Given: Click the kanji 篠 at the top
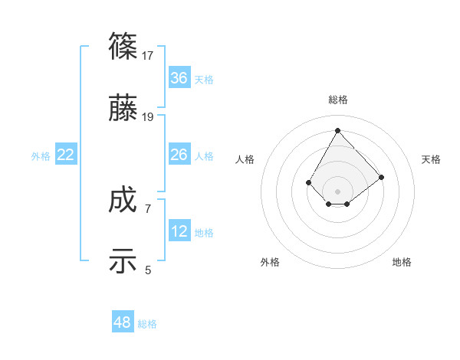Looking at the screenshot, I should coord(123,47).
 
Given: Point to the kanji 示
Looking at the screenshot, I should coord(123,261).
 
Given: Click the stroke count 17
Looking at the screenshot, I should coord(148,56).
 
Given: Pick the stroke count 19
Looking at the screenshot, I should coord(148,117).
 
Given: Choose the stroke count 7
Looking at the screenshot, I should coord(148,208).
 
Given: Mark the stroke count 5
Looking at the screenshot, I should coord(148,270).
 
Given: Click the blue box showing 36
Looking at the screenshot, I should coord(179,78).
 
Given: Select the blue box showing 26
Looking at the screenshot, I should coord(179,155).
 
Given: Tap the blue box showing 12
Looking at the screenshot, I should coord(179,231).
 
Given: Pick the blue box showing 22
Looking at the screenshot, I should coord(66,155).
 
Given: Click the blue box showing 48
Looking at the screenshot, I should coord(123,322).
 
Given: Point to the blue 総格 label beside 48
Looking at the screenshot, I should coord(147,324).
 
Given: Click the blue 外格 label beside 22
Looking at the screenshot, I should coord(41,156).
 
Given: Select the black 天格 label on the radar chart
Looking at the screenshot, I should coord(431,159).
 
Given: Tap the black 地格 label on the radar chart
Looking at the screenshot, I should coord(402,262).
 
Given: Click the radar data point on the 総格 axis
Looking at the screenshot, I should coord(337,131).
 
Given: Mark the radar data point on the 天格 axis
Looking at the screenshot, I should coord(381,177).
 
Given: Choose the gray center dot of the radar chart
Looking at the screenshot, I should coord(337,191).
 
